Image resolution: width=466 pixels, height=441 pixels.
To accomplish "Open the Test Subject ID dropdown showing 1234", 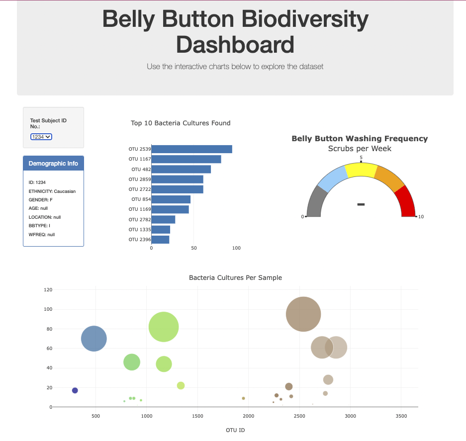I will coord(41,137).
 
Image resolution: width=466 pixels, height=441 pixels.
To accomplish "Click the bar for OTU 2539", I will coord(191,149).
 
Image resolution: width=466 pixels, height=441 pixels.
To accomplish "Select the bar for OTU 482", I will coord(181,170).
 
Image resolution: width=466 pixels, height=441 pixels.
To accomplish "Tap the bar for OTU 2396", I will coord(160,240).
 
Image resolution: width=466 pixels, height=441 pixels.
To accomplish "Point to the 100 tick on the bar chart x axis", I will coord(236,248).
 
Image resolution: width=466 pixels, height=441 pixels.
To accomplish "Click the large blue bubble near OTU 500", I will coord(93,339).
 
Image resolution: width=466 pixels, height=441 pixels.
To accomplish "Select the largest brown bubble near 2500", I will coord(303,314).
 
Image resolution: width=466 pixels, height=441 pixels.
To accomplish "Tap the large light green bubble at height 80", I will coord(164,327).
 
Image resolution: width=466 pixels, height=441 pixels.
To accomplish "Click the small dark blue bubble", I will coord(75,390).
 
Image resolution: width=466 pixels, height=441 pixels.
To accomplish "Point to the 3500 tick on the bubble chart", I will coord(401,416).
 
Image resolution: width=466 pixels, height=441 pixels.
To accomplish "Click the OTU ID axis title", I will coord(235,430).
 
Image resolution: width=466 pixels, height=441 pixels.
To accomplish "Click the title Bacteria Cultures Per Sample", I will coord(235,277).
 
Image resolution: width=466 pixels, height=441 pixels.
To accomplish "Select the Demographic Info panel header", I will coord(53,164).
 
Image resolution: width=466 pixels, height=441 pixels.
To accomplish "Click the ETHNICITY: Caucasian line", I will coord(52,191).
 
